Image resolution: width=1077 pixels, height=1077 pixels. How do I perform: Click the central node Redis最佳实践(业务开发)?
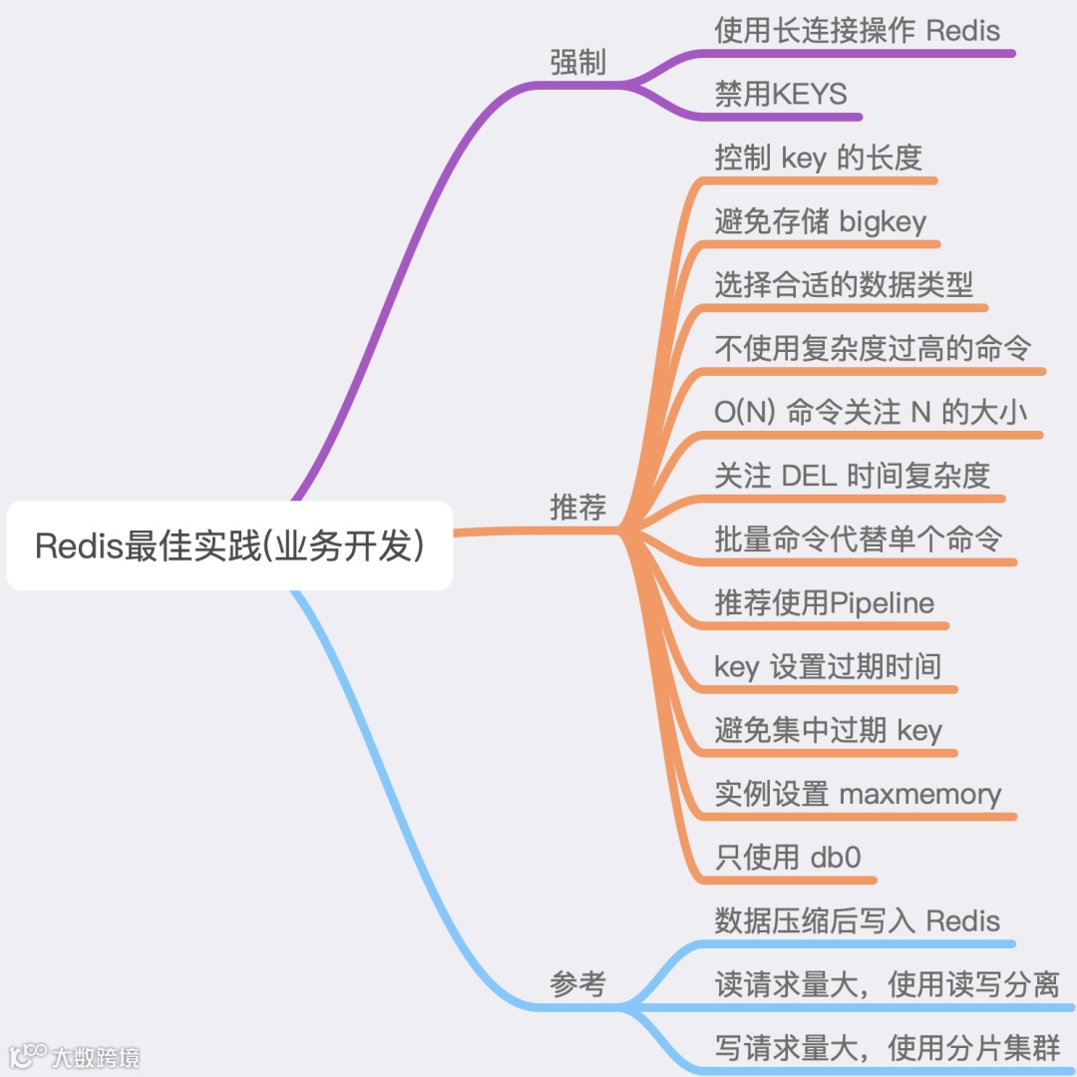(x=229, y=545)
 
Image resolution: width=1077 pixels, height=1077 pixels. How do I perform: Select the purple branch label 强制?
(x=578, y=63)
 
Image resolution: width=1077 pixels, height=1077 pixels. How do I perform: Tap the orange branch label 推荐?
(x=578, y=507)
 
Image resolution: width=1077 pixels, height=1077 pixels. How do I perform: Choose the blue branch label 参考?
(x=578, y=984)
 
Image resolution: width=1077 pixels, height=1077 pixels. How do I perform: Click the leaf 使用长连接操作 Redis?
(x=857, y=31)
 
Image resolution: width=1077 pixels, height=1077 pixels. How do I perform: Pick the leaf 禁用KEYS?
(x=781, y=94)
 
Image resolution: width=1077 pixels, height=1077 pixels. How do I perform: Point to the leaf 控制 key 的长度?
(x=818, y=158)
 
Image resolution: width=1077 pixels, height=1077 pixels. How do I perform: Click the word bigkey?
(x=884, y=221)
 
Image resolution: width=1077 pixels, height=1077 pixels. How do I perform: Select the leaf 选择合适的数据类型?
(x=844, y=285)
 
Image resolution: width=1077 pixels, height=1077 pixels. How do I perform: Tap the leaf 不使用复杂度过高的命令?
(x=873, y=348)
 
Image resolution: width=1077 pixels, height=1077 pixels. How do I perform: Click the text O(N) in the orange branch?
(x=745, y=412)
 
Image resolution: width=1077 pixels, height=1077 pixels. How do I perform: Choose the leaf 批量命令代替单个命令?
(x=859, y=539)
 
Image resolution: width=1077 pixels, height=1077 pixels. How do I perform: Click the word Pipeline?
(x=883, y=603)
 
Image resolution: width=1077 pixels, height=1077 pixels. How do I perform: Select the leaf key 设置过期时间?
(x=828, y=666)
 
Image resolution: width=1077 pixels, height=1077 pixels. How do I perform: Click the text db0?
(x=836, y=858)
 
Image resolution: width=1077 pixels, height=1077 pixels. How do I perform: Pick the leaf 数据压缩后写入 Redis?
(x=857, y=920)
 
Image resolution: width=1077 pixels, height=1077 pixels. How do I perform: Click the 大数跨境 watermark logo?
(x=75, y=1055)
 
